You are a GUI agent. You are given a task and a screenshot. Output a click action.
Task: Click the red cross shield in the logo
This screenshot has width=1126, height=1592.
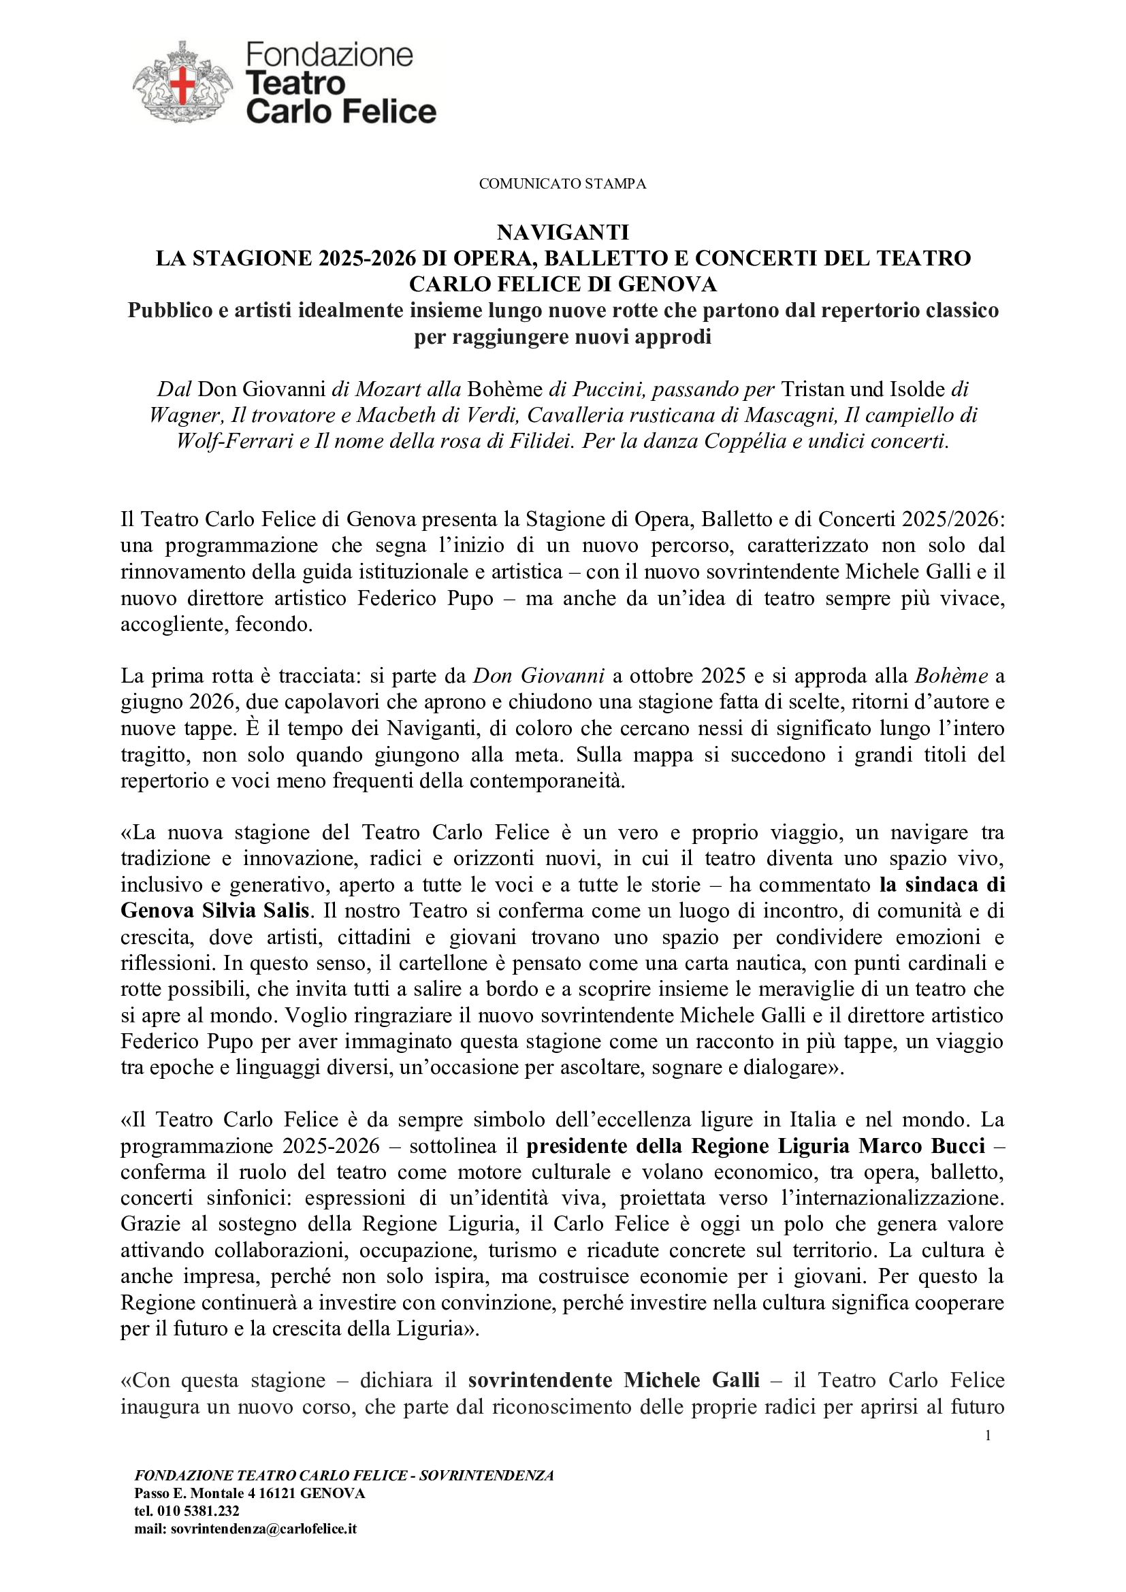tap(184, 85)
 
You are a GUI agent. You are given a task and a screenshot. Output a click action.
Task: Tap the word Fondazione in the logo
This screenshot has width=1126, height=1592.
tap(329, 54)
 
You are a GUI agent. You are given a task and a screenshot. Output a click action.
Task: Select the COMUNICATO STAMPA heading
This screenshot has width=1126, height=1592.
tap(562, 184)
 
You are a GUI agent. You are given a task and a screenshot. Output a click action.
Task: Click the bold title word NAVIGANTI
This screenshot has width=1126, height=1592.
tap(562, 231)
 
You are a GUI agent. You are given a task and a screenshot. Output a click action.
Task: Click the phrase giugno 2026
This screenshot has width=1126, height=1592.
tap(180, 702)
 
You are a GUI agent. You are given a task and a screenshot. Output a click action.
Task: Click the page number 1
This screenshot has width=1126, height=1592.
tap(988, 1435)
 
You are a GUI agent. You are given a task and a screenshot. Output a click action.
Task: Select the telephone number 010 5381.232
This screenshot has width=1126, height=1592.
tap(196, 1510)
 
